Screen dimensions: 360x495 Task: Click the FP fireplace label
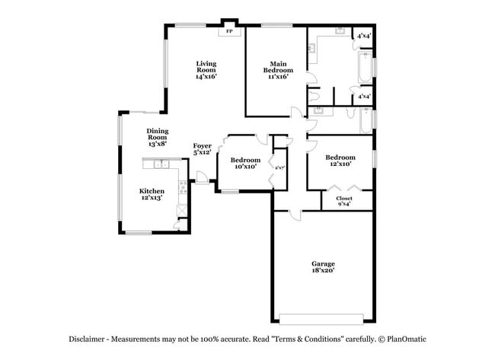click(x=229, y=33)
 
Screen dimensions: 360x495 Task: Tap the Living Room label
click(x=206, y=70)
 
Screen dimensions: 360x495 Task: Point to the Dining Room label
click(x=158, y=137)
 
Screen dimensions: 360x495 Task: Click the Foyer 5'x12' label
click(x=202, y=148)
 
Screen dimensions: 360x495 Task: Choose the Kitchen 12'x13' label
click(x=152, y=194)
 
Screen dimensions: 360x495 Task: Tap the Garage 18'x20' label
click(x=323, y=266)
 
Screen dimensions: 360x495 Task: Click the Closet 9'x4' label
click(x=343, y=201)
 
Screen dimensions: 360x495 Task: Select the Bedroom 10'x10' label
click(x=247, y=163)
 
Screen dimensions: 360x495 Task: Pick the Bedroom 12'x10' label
click(x=340, y=161)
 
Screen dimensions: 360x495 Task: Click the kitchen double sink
click(x=161, y=164)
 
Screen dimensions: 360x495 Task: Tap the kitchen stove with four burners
click(x=183, y=186)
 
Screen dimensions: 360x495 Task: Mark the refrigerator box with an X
click(x=181, y=210)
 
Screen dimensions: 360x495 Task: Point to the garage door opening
click(x=323, y=318)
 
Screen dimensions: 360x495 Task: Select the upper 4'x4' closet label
click(x=363, y=35)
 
